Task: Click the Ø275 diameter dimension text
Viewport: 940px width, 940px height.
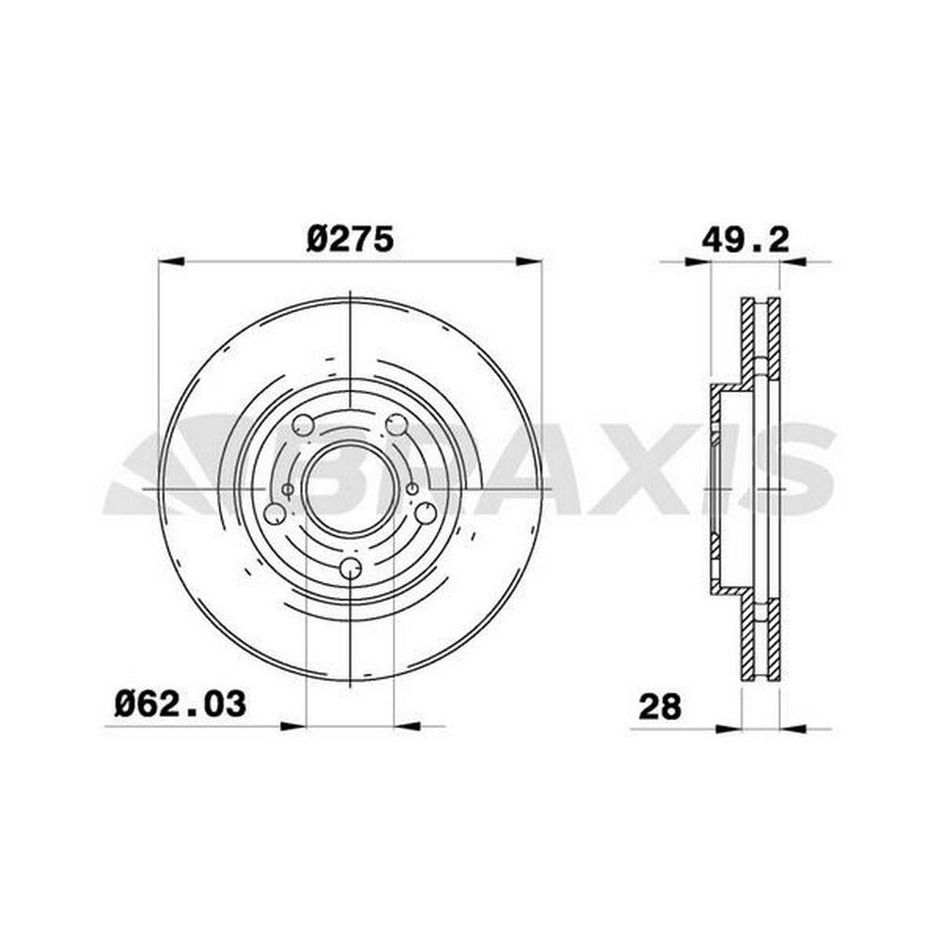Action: [350, 239]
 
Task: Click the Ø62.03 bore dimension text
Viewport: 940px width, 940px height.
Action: [180, 703]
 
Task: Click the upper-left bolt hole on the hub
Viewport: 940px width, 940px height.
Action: [303, 425]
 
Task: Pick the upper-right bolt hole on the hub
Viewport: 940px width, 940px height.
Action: [397, 425]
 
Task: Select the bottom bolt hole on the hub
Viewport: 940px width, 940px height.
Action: [351, 568]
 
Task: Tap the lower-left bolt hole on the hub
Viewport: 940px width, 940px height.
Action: [275, 514]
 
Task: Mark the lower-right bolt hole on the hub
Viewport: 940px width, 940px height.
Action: [426, 513]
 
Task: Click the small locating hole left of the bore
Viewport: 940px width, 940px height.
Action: [288, 489]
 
